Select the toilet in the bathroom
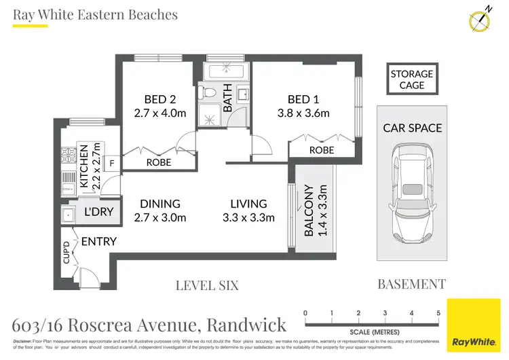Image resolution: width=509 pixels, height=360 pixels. (210, 92)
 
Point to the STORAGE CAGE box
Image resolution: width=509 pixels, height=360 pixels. (411, 79)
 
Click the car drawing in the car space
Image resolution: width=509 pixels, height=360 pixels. (412, 197)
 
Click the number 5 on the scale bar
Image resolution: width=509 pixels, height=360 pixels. (438, 313)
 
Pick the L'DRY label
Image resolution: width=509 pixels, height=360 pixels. (98, 212)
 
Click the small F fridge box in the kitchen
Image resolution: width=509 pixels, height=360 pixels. (112, 162)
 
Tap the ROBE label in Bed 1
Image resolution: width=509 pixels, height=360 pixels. (322, 150)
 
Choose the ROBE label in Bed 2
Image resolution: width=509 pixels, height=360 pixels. (159, 163)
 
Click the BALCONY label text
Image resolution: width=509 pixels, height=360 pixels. (308, 210)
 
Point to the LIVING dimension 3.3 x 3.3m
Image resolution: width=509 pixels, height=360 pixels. (248, 217)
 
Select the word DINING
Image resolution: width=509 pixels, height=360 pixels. (160, 204)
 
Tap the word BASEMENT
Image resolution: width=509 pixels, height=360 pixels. (411, 285)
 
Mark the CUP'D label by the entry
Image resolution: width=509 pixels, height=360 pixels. (67, 253)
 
